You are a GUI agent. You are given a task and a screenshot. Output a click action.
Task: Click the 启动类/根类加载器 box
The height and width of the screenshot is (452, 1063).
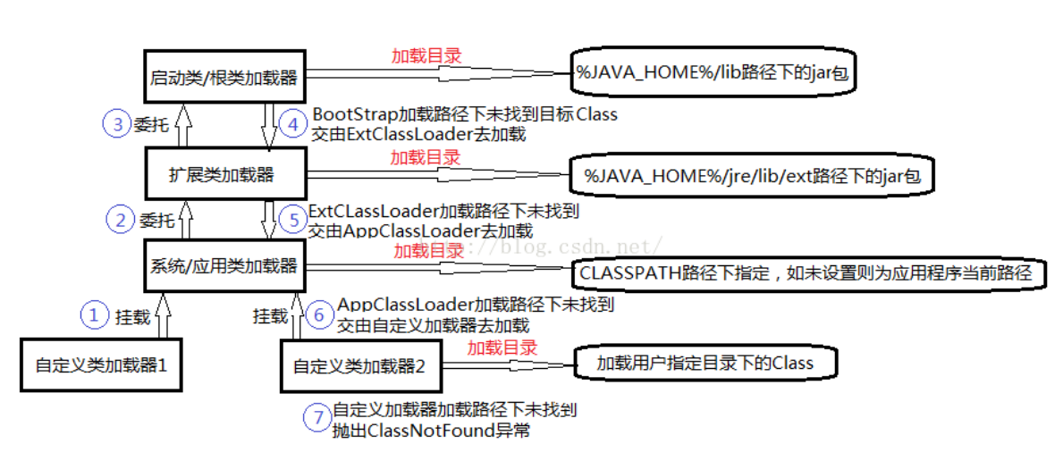coord(224,76)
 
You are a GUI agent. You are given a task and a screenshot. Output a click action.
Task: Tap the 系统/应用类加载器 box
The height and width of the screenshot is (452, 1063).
coord(224,265)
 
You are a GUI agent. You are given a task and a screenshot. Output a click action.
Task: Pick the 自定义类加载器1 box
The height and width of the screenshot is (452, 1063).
coord(101,365)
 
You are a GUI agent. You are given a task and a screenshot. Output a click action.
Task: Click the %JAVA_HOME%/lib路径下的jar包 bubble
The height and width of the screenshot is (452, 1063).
coord(712,71)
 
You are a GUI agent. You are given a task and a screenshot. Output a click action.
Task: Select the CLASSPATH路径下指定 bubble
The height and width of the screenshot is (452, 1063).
coord(807,273)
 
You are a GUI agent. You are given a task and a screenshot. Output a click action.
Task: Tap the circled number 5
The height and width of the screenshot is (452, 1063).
coord(293,220)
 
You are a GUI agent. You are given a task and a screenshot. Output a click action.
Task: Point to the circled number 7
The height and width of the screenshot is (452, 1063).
coord(316,417)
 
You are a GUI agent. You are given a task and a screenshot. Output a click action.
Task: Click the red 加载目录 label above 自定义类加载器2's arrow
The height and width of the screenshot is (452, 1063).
coord(502,347)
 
